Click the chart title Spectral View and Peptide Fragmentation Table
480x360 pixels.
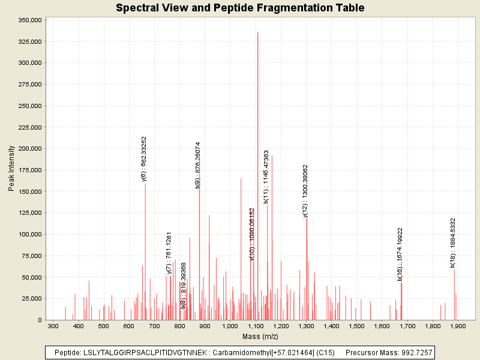[x=240, y=8]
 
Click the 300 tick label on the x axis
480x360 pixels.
[x=53, y=326]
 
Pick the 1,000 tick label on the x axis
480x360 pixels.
[x=230, y=326]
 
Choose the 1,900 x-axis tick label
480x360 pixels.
[x=458, y=326]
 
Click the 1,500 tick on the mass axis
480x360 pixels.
[x=356, y=326]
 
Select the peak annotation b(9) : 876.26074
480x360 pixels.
[x=198, y=165]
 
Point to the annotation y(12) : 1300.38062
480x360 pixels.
[x=305, y=191]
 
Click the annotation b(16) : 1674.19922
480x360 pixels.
[x=400, y=254]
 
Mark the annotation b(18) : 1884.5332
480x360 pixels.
[x=453, y=242]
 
